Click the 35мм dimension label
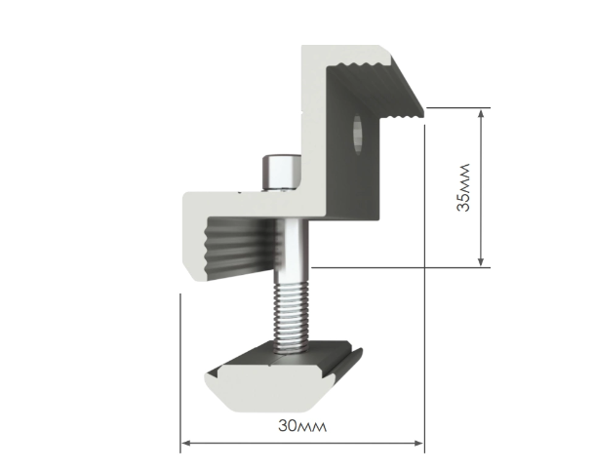pos(463,187)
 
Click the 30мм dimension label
pos(302,426)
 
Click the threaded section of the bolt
pos(291,318)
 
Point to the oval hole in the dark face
pos(357,135)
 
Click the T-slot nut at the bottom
pos(282,375)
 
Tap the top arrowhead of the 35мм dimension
pos(481,114)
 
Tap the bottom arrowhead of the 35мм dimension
pos(481,261)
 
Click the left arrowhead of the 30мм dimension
pos(186,443)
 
